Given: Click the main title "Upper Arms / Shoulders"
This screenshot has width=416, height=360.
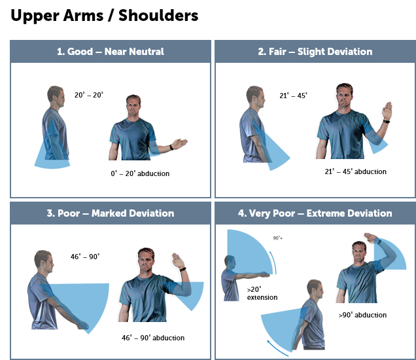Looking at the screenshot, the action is pyautogui.click(x=104, y=16).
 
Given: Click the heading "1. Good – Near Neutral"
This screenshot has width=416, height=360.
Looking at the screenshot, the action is pyautogui.click(x=111, y=52).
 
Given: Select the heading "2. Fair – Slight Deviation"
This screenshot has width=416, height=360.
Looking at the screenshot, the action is pyautogui.click(x=315, y=52).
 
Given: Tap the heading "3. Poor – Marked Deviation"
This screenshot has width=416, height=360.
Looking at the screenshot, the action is pyautogui.click(x=111, y=213).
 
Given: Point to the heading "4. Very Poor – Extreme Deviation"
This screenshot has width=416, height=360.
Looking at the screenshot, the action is pyautogui.click(x=315, y=213).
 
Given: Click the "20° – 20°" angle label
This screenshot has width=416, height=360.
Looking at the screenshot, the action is pyautogui.click(x=88, y=95).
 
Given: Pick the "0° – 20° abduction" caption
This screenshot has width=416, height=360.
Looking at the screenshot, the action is pyautogui.click(x=140, y=173).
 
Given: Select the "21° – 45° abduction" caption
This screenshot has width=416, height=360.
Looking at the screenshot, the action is pyautogui.click(x=356, y=171).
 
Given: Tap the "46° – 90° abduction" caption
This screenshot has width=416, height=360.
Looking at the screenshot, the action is pyautogui.click(x=153, y=338).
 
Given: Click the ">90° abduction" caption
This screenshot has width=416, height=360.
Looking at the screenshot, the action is pyautogui.click(x=362, y=315).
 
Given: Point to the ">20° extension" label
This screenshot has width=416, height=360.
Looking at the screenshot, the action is pyautogui.click(x=262, y=293).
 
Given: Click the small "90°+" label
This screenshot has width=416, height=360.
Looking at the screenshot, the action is pyautogui.click(x=278, y=238).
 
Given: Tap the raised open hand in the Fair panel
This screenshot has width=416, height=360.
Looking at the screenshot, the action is pyautogui.click(x=387, y=111).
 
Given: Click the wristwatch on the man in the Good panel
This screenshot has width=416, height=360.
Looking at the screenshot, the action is pyautogui.click(x=171, y=147).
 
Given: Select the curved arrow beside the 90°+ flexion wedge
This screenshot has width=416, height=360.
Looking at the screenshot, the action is pyautogui.click(x=273, y=262).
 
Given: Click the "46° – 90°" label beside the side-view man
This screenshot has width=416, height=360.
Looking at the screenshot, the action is pyautogui.click(x=85, y=257).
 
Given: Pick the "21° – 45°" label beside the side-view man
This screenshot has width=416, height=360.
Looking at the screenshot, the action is pyautogui.click(x=294, y=96).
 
